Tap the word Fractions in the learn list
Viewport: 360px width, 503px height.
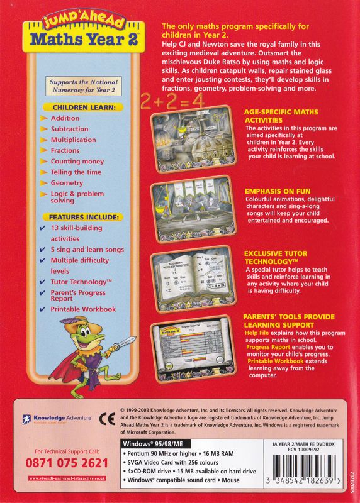click(65, 151)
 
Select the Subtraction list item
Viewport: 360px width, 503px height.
click(70, 129)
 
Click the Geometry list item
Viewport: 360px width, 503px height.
click(67, 183)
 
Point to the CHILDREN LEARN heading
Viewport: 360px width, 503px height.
click(79, 108)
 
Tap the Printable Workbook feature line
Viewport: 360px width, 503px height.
click(83, 309)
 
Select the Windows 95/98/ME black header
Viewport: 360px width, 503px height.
click(151, 443)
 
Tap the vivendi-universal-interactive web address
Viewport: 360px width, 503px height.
click(66, 478)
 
